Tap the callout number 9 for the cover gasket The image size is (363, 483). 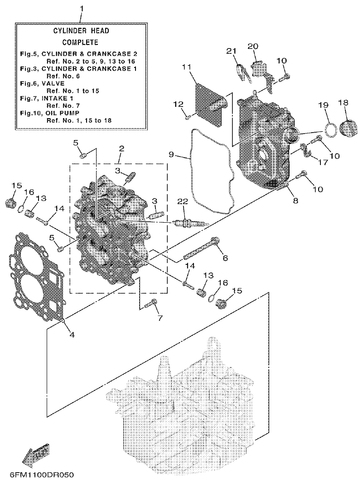click(171, 154)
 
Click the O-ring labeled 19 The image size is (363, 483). click(331, 129)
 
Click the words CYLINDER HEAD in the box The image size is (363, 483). click(81, 31)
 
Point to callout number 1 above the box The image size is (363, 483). click(82, 9)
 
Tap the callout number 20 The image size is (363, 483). click(252, 46)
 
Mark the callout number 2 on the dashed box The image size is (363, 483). click(121, 148)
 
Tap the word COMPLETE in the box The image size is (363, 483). click(80, 42)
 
